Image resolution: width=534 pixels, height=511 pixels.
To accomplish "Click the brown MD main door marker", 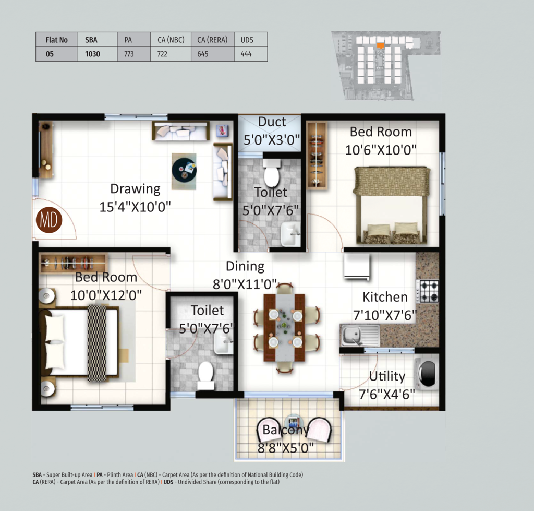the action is (x=49, y=220).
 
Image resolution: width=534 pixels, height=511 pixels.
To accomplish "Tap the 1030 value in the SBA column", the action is (x=92, y=54).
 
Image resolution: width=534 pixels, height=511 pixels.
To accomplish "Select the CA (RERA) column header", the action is (x=212, y=40).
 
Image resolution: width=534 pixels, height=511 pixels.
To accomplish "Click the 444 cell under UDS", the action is (x=246, y=54).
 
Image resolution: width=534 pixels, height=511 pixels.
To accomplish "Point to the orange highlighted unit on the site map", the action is (x=380, y=46).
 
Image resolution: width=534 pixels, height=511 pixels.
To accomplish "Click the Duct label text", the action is (x=272, y=122).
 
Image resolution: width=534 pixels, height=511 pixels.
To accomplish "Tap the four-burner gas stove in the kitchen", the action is (x=429, y=291).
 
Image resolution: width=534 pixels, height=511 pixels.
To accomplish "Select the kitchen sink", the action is (x=360, y=335).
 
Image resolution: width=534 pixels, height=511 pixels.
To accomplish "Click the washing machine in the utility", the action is (x=427, y=373).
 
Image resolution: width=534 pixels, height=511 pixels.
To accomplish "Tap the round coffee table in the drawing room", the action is (x=184, y=170).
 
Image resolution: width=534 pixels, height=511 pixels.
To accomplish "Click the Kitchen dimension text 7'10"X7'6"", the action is (x=385, y=315).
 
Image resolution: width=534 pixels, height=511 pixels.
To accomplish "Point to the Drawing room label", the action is (x=135, y=188).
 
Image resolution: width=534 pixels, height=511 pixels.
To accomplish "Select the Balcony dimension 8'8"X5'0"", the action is (x=285, y=448).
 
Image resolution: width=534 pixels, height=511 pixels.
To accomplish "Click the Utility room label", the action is (x=387, y=376).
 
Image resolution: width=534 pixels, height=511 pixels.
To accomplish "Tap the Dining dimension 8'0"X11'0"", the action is (x=245, y=284).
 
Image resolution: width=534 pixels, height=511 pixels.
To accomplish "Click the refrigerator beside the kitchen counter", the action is (x=357, y=266).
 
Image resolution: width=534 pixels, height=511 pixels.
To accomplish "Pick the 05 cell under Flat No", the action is (x=50, y=54).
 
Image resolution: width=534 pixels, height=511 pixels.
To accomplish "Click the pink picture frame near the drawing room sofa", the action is (x=222, y=130).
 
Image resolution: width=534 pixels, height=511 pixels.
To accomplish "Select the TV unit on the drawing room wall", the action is (x=46, y=150).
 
